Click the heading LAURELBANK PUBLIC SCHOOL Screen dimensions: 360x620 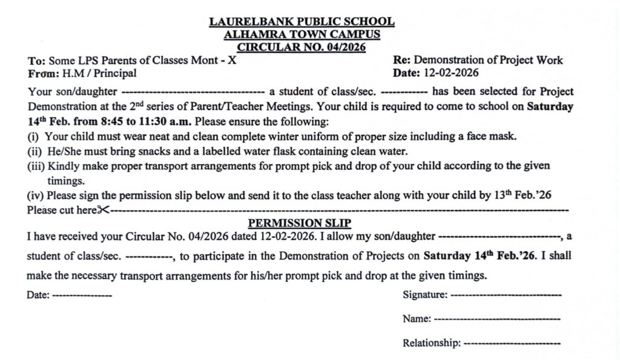point(302,22)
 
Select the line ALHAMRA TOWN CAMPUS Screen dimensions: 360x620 point(302,34)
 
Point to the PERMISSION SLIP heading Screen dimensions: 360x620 point(300,223)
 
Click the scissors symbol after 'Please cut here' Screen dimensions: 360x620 point(104,210)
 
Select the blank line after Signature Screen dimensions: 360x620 point(506,295)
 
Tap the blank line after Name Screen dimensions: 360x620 point(497,319)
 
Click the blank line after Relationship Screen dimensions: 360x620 point(512,343)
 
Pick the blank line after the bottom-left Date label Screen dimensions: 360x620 point(82,295)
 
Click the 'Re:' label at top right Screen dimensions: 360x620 point(402,60)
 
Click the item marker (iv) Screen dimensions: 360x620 point(36,195)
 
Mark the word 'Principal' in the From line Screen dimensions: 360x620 point(115,73)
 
